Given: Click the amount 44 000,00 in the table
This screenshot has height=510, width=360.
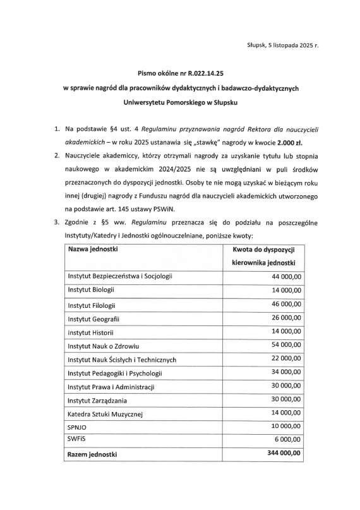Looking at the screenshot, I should (x=287, y=276).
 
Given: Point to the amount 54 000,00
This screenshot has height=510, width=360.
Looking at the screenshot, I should (x=287, y=345).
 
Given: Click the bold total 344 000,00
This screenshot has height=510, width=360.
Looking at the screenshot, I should (x=284, y=454).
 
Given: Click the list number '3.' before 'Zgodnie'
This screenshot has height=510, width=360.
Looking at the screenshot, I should (x=57, y=222).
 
